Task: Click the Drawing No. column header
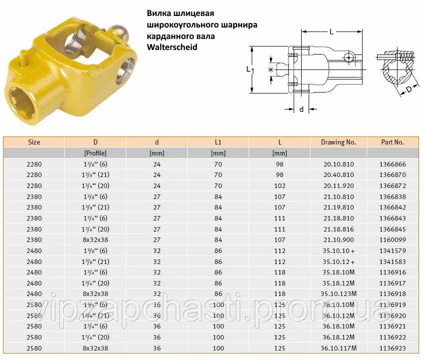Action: pos(338,142)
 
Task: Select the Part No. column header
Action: pos(393,142)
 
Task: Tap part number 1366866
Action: pos(393,164)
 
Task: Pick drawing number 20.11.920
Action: pos(339,185)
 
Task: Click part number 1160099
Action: pos(393,240)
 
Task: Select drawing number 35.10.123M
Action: pos(339,293)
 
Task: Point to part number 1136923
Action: pos(393,348)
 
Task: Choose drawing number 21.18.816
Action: pos(339,229)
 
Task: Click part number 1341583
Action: pos(393,261)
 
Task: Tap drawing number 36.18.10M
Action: pos(339,326)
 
